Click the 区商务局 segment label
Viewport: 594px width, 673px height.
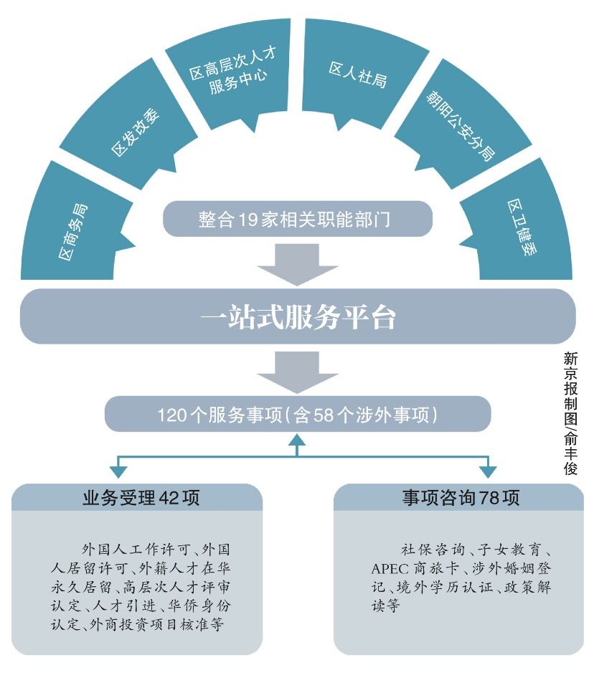(73, 232)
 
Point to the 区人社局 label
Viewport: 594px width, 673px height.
(358, 74)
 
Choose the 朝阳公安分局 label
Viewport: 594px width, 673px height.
(460, 126)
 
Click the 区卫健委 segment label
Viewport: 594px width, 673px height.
(522, 227)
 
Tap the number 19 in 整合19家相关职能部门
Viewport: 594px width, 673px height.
(248, 220)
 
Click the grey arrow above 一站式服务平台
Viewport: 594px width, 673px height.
(297, 264)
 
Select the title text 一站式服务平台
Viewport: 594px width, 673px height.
(298, 317)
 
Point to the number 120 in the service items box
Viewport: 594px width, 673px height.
(171, 415)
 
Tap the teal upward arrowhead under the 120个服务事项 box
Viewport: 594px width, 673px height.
(297, 440)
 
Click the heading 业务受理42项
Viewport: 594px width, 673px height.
(141, 498)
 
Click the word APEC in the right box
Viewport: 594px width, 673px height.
(390, 569)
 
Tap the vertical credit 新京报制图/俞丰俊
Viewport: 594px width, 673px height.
(571, 413)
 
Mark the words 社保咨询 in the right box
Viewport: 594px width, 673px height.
(433, 550)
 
